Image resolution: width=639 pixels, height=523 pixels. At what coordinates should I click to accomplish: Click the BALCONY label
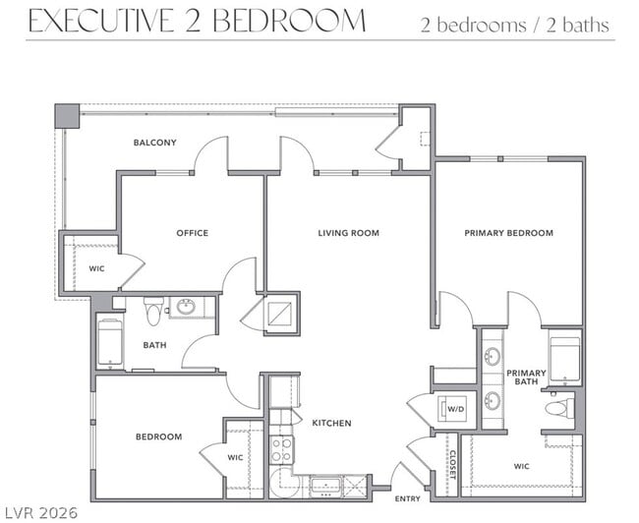[x=155, y=143]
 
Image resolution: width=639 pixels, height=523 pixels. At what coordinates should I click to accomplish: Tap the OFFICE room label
[x=193, y=233]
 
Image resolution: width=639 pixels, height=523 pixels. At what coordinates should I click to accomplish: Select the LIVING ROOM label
[x=348, y=233]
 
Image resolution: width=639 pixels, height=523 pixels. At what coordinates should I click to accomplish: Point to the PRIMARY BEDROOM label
[x=509, y=233]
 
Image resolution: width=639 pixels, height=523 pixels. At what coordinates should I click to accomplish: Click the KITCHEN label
[x=331, y=423]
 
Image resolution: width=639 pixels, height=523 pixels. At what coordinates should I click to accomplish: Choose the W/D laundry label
[x=456, y=409]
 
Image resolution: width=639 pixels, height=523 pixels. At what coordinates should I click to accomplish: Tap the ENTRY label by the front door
[x=408, y=499]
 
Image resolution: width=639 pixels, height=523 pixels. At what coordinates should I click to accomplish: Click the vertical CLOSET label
[x=452, y=465]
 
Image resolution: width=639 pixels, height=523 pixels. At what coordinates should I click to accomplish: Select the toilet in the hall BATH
[x=153, y=311]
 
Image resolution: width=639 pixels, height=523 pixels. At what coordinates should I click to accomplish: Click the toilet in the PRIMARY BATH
[x=559, y=408]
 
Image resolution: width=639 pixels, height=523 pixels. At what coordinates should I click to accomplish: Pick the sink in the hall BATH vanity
[x=187, y=307]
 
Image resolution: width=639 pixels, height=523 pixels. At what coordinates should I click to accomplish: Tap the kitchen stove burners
[x=281, y=449]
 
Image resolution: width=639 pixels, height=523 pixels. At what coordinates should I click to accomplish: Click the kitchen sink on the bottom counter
[x=325, y=486]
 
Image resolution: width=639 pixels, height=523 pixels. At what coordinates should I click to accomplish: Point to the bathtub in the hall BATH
[x=110, y=342]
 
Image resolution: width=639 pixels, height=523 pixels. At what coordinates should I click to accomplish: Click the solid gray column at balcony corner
[x=67, y=116]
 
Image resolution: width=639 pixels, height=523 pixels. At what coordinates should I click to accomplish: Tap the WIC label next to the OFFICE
[x=97, y=268]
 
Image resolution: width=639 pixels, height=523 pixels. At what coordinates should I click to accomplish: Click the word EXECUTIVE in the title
[x=101, y=21]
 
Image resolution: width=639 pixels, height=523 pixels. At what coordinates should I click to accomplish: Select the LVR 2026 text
[x=40, y=512]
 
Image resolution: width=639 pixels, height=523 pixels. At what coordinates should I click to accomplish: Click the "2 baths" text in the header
[x=578, y=26]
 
